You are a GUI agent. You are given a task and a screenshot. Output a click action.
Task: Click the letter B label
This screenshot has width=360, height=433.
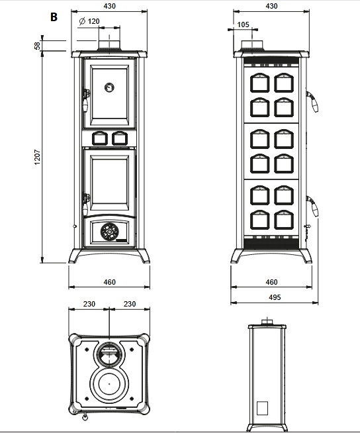54,17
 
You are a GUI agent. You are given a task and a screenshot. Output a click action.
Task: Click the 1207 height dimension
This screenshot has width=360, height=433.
37,157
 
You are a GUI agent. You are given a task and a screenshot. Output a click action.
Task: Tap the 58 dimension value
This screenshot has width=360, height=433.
37,46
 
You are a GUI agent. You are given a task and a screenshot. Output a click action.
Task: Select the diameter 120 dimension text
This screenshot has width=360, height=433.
89,21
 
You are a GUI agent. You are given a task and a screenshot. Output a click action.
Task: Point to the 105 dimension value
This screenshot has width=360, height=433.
243,24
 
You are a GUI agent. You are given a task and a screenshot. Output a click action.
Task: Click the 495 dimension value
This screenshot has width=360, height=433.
275,297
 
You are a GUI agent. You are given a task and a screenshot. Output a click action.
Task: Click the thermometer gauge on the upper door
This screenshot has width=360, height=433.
109,87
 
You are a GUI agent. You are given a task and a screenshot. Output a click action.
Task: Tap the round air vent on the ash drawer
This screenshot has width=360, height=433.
109,231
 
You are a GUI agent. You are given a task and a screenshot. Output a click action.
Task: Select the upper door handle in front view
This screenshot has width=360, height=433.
86,101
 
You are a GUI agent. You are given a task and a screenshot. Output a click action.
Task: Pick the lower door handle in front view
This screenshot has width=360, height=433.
86,205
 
